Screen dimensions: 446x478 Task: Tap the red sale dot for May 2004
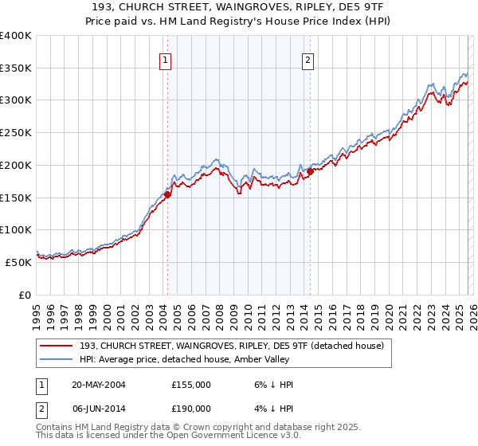click(168, 194)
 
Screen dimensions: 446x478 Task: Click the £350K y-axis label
click(16, 68)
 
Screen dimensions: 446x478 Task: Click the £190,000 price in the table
click(190, 408)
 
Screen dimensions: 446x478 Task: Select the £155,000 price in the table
click(190, 385)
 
